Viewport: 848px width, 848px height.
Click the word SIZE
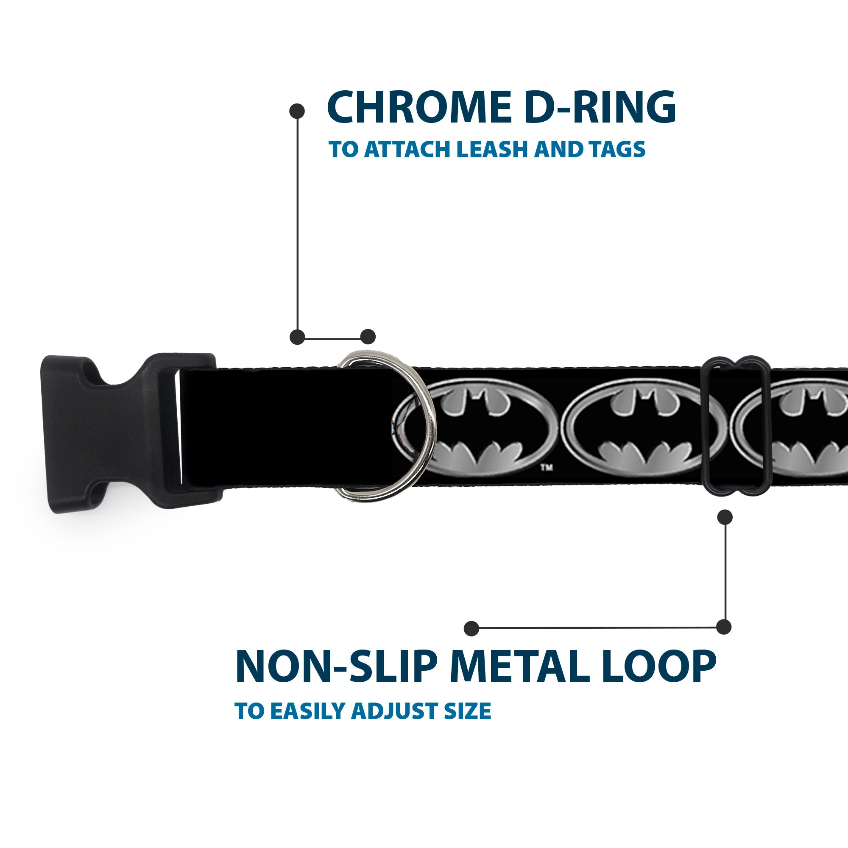471,723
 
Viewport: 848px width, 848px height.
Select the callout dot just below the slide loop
725,517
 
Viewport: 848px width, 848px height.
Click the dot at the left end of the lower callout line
471,628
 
